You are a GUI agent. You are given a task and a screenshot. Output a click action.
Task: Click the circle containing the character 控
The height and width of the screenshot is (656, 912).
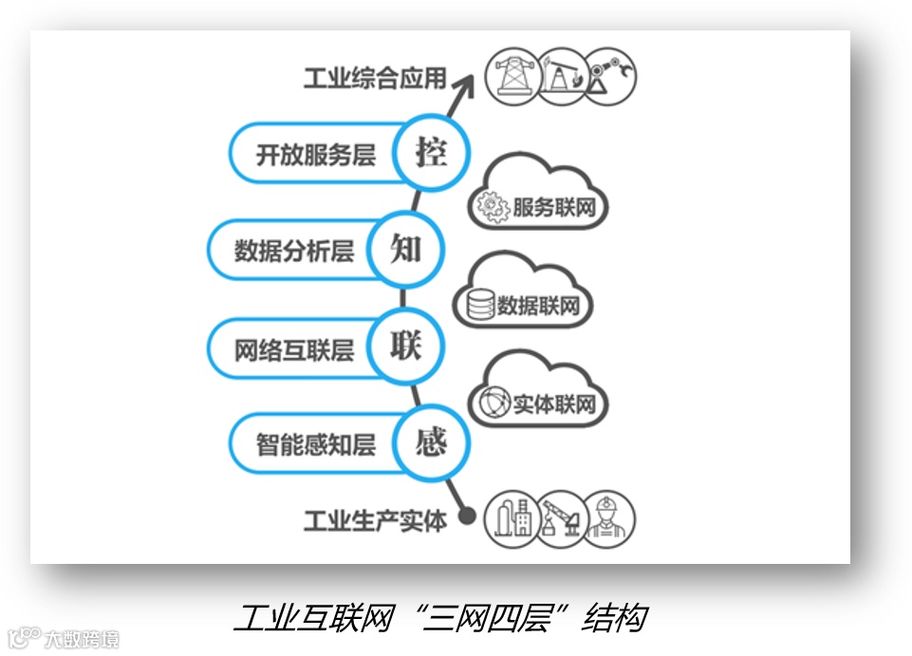[x=431, y=152]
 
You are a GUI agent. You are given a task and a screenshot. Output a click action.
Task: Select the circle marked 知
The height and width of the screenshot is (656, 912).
[x=406, y=249]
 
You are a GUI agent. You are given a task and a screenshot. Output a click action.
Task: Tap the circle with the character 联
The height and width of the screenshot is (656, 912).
[x=405, y=347]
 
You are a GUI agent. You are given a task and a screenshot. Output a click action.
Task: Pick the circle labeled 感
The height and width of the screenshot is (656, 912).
[x=430, y=442]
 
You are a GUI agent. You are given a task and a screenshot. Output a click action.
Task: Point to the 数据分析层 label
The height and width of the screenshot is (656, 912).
[x=293, y=251]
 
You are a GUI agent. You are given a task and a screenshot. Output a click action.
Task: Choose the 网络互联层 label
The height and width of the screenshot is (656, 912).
[x=293, y=349]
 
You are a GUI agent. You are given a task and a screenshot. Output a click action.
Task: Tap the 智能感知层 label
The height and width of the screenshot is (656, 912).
[x=315, y=444]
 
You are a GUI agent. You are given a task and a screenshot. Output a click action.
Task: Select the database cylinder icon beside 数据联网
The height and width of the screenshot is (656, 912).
[x=480, y=305]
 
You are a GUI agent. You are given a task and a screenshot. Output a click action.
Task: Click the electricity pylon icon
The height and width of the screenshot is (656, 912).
[x=512, y=77]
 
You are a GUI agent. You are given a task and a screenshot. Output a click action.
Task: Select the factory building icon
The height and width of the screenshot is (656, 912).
[x=512, y=519]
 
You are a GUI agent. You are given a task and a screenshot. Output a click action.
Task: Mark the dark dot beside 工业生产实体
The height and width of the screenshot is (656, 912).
[x=466, y=516]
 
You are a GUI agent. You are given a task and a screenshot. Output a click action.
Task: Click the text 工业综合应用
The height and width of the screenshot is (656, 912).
[x=374, y=78]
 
